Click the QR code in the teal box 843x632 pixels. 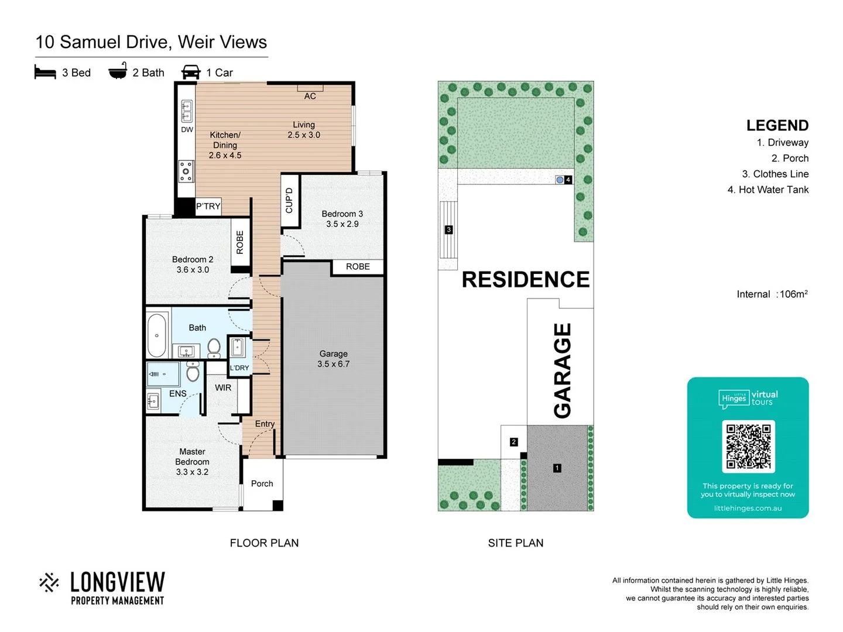pos(748,446)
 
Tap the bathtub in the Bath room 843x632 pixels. pos(157,335)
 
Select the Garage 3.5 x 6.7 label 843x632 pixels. pos(333,359)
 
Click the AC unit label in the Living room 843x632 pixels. pos(310,96)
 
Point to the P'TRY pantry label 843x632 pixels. pos(208,206)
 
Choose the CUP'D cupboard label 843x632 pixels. pos(289,200)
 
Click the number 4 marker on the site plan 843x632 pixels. pos(568,180)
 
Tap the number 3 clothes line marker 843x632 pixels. pos(448,229)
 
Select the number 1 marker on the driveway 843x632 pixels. pos(557,468)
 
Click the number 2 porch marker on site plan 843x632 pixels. pos(513,442)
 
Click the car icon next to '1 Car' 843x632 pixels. pos(191,72)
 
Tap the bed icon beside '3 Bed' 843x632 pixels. pos(45,72)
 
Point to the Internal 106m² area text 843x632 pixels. pos(772,294)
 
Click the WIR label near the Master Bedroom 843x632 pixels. pos(223,387)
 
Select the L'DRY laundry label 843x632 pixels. pos(239,368)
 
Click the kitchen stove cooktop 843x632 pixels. pos(186,171)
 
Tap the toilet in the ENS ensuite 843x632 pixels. pos(193,372)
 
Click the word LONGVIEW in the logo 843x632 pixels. pos(117,582)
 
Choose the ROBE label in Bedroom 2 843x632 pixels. pos(239,242)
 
